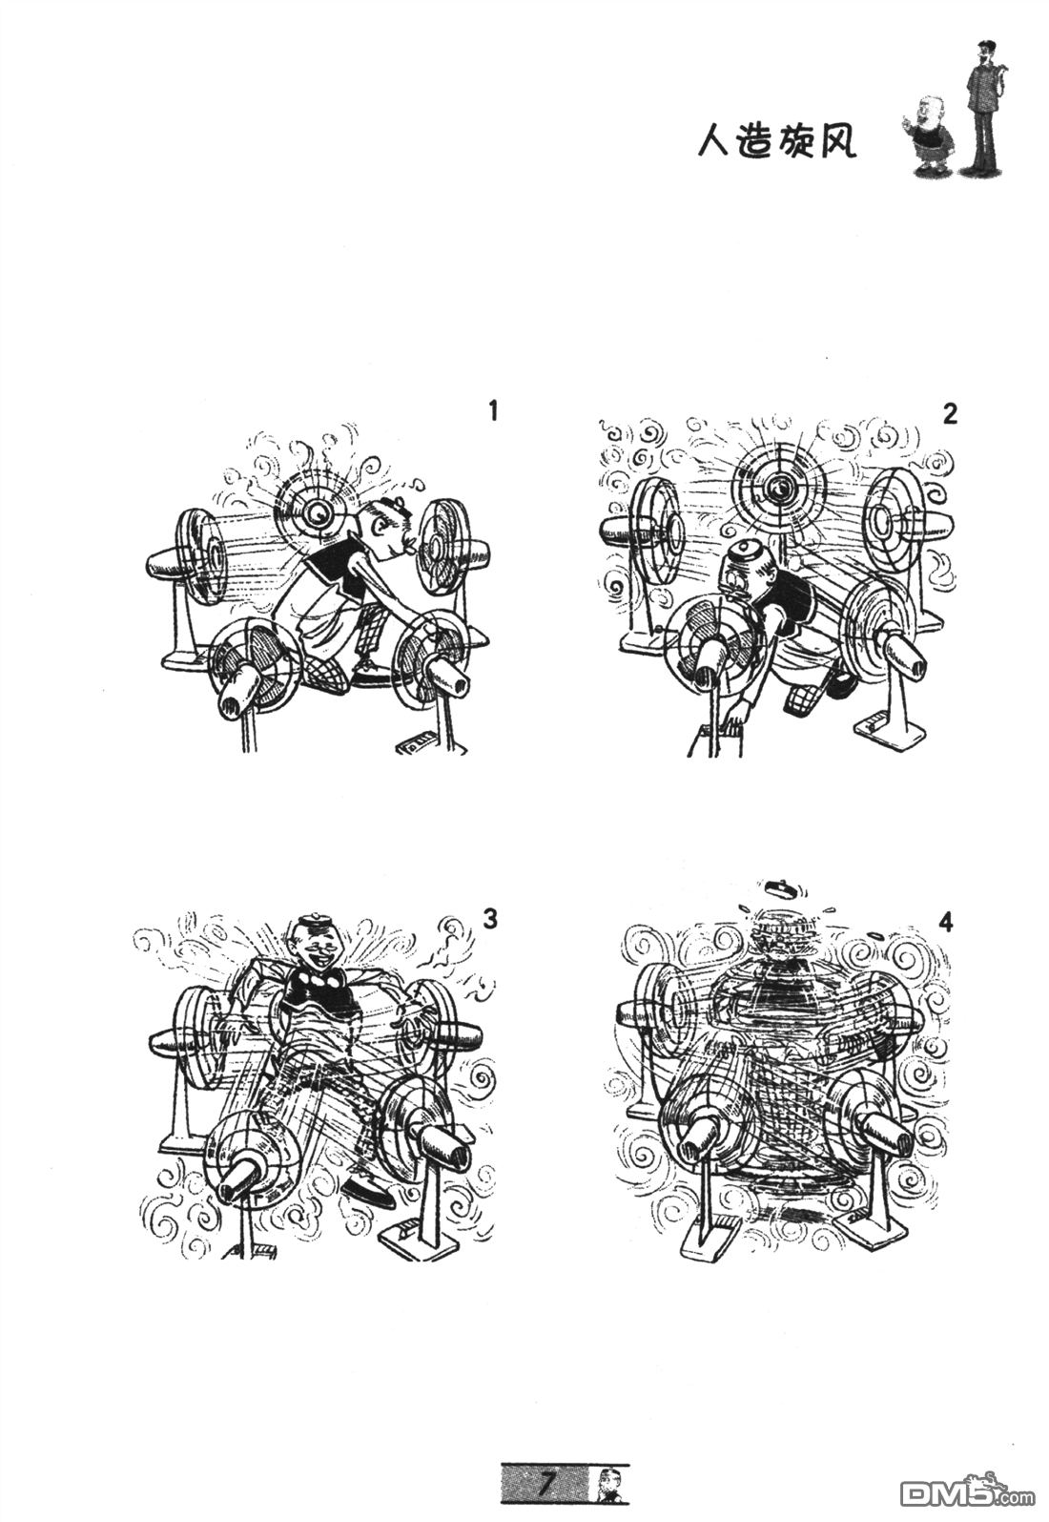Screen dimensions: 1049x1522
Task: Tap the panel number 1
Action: (x=493, y=411)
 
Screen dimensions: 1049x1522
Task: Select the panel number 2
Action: (x=950, y=414)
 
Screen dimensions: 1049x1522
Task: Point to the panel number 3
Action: (x=489, y=920)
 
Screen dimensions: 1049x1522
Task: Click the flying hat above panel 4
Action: (x=781, y=886)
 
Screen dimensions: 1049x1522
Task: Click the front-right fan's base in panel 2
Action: (x=890, y=729)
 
